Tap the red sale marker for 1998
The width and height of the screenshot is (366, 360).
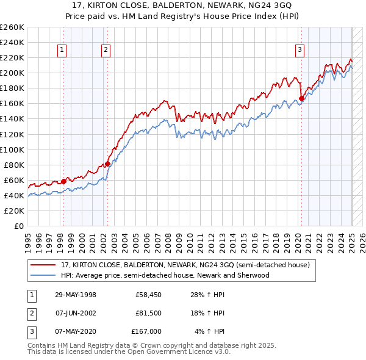[x=63, y=181]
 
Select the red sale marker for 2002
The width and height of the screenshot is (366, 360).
[x=107, y=164]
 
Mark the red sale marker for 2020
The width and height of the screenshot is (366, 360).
[x=301, y=98]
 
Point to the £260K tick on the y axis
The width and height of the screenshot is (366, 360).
[x=12, y=27]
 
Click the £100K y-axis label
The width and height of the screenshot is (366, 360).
[x=12, y=149]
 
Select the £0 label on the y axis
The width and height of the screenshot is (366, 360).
[x=18, y=226]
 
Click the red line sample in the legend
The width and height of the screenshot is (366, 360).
[x=43, y=265]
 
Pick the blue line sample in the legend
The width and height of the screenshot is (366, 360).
[x=43, y=275]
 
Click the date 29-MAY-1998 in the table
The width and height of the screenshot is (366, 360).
[x=75, y=295]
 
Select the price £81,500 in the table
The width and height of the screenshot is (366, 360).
[x=149, y=313]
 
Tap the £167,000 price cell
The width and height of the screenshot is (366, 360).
[x=147, y=331]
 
